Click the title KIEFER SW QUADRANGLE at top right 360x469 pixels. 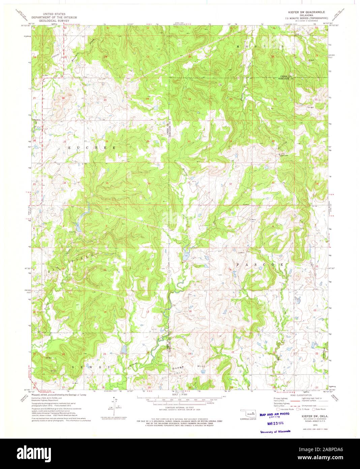[x=306, y=11]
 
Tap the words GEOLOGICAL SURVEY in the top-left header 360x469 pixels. [x=54, y=20]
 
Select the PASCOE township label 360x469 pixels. [x=259, y=265]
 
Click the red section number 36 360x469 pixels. [x=149, y=184]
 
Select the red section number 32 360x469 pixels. [x=231, y=184]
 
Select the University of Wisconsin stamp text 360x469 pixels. [x=275, y=432]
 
